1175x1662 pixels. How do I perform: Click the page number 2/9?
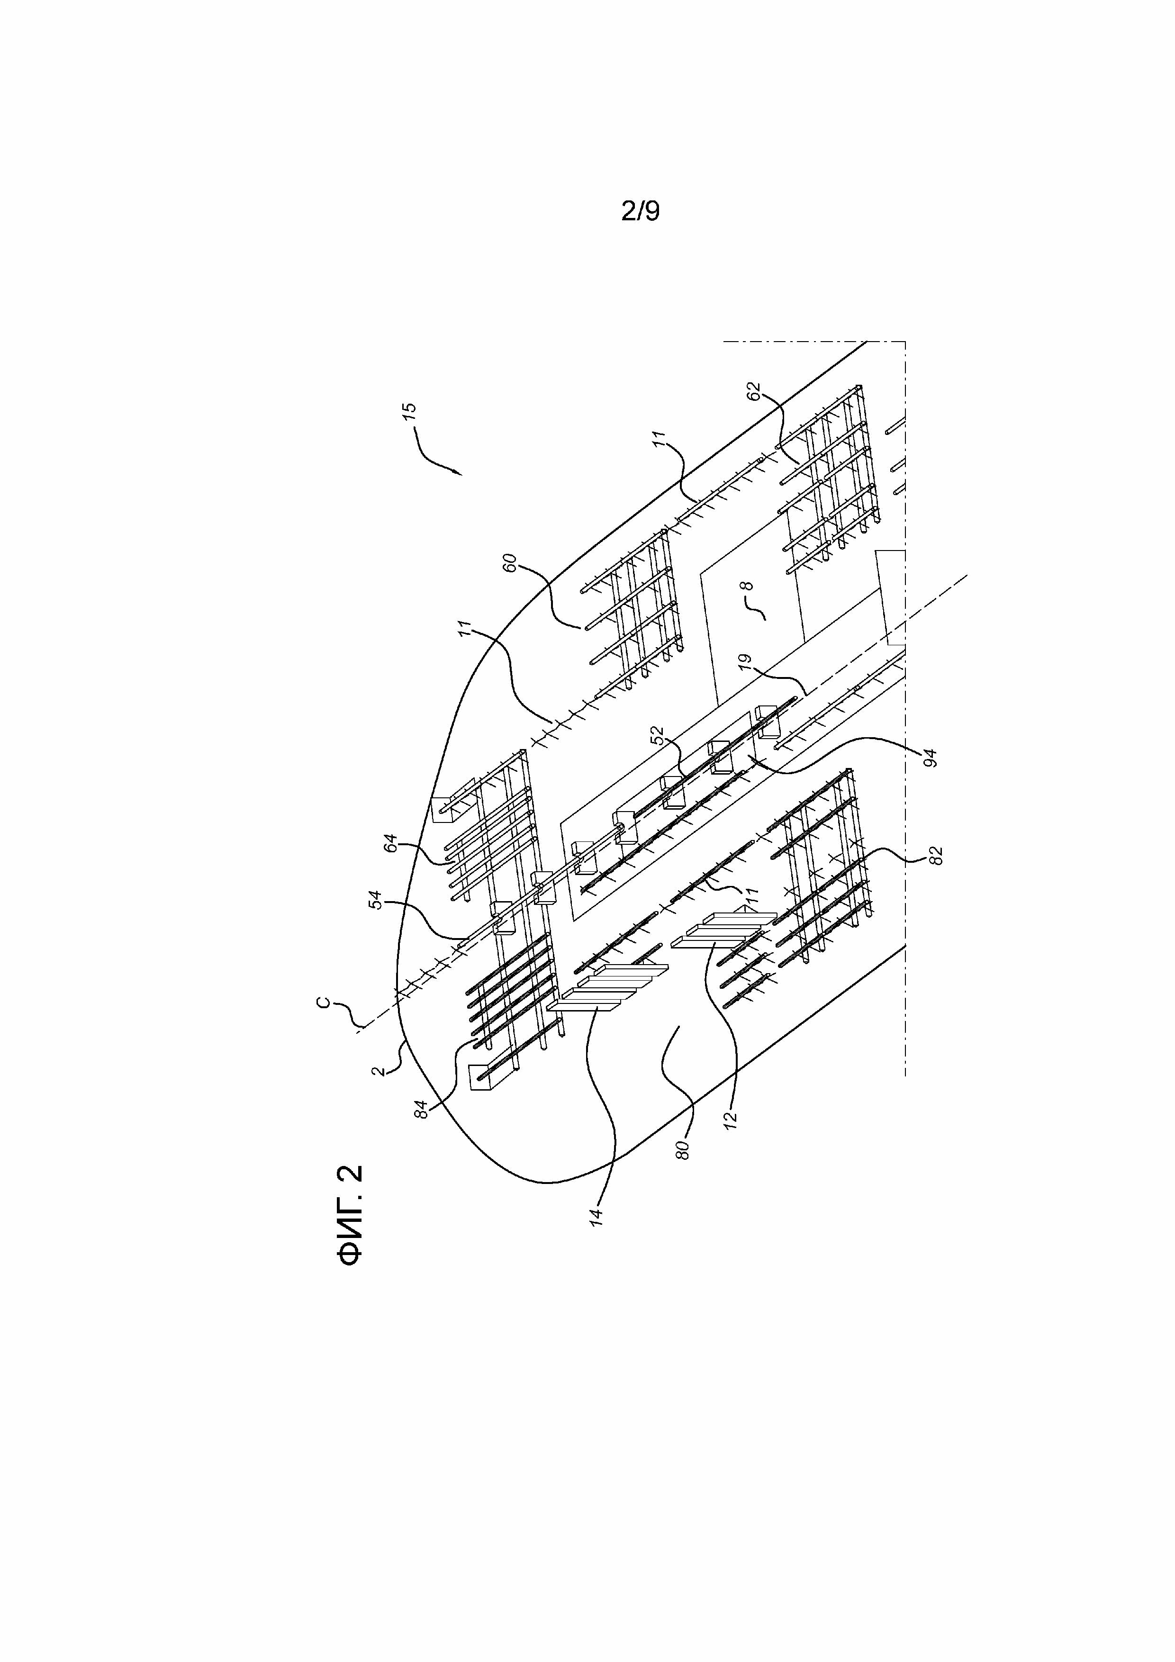640,211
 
